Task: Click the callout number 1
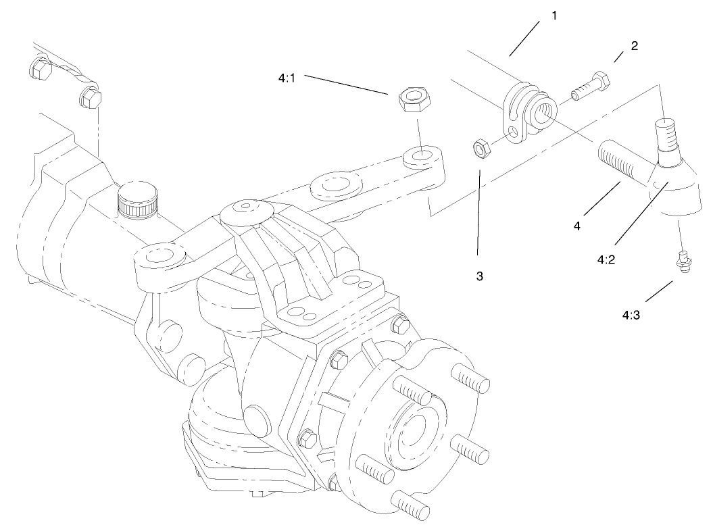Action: pyautogui.click(x=554, y=15)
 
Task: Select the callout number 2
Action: pyautogui.click(x=634, y=46)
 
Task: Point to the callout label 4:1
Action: pyautogui.click(x=288, y=78)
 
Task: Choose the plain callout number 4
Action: pyautogui.click(x=577, y=226)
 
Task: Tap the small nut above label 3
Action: pyautogui.click(x=481, y=148)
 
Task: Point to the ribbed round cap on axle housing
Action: pyautogui.click(x=138, y=198)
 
